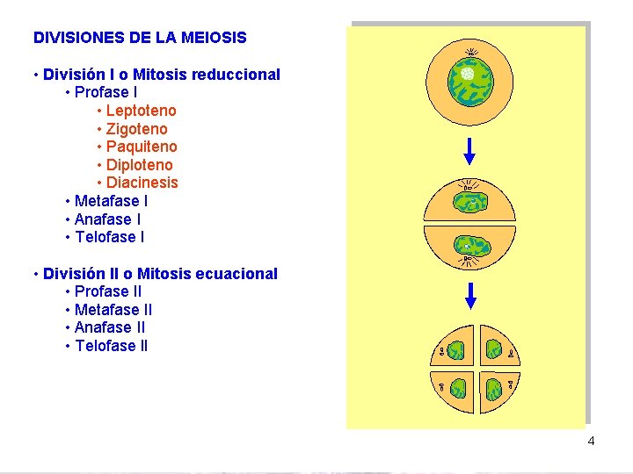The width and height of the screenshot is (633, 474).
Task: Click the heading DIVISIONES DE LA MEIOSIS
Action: pyautogui.click(x=140, y=38)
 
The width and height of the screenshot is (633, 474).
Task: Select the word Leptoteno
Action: pyautogui.click(x=141, y=111)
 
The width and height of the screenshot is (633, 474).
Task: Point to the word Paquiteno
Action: pyautogui.click(x=142, y=147)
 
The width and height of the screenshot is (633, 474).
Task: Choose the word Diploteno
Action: pyautogui.click(x=139, y=165)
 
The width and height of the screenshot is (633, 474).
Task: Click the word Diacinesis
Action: pyautogui.click(x=142, y=183)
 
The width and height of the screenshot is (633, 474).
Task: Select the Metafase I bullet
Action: pyautogui.click(x=111, y=201)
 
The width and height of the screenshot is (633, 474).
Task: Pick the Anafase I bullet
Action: pyautogui.click(x=107, y=219)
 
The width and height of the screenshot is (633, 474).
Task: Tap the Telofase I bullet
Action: pyautogui.click(x=110, y=237)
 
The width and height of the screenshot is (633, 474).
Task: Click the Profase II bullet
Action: pyautogui.click(x=108, y=291)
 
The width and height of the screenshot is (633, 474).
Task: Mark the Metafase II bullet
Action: pyautogui.click(x=113, y=310)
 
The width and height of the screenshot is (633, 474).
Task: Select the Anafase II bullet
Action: pyautogui.click(x=110, y=327)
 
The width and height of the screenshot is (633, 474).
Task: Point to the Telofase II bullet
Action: pyautogui.click(x=112, y=346)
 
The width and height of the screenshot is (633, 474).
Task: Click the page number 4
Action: pyautogui.click(x=591, y=441)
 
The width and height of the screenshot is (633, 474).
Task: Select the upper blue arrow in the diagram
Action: pyautogui.click(x=469, y=151)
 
